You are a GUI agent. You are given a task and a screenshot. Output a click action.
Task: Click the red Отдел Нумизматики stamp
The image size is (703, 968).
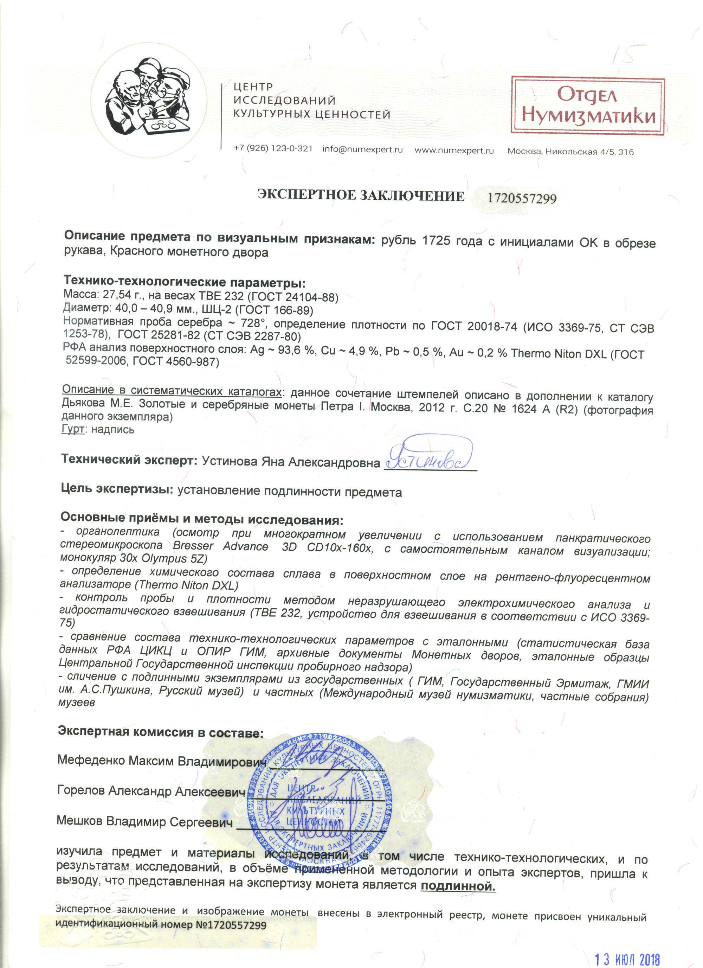[588, 105]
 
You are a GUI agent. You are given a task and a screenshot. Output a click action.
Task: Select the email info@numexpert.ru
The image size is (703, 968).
[363, 150]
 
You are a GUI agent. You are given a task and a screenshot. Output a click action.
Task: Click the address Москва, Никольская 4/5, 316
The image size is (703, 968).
[570, 152]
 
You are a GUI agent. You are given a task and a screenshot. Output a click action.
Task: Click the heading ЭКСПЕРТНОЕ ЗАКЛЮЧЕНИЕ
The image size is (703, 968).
[361, 196]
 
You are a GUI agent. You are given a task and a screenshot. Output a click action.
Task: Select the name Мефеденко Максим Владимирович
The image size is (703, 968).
[162, 761]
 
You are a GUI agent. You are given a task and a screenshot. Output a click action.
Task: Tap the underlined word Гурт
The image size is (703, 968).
[72, 429]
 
